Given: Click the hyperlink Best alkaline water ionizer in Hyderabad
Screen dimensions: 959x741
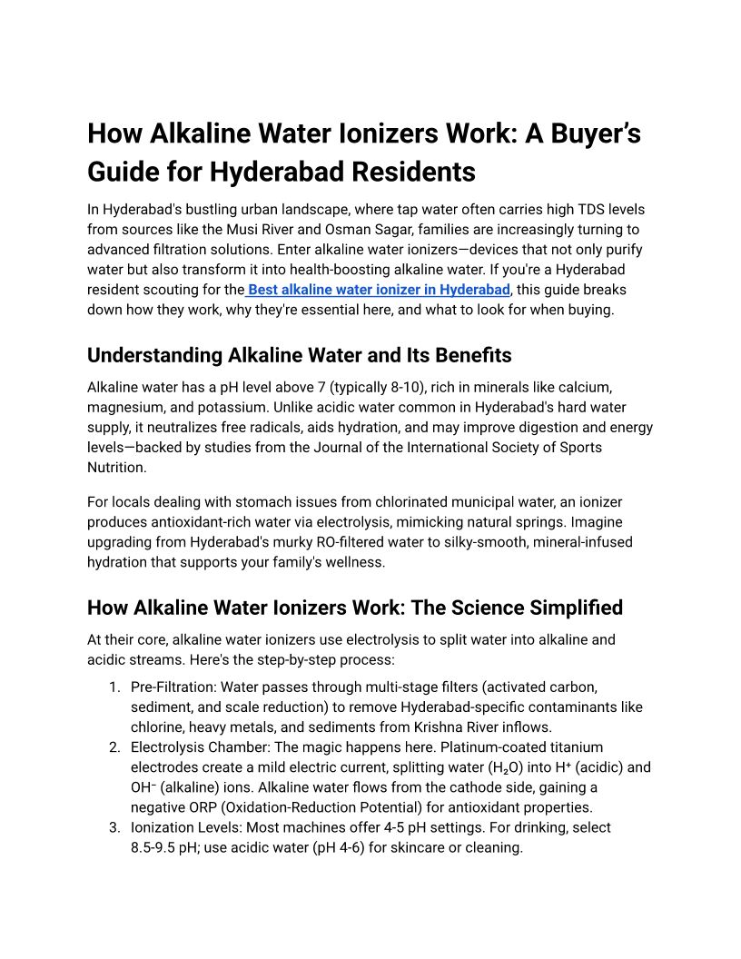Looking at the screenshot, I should pos(379,290).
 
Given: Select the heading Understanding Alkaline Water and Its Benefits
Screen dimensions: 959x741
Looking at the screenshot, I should pos(299,355).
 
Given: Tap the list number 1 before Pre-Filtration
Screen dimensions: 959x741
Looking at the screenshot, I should pos(114,687).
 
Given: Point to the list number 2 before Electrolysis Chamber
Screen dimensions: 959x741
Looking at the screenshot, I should pos(114,747).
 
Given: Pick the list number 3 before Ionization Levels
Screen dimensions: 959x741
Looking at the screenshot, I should pos(114,827).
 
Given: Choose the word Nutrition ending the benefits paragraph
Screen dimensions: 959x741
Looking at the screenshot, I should pos(116,467).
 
